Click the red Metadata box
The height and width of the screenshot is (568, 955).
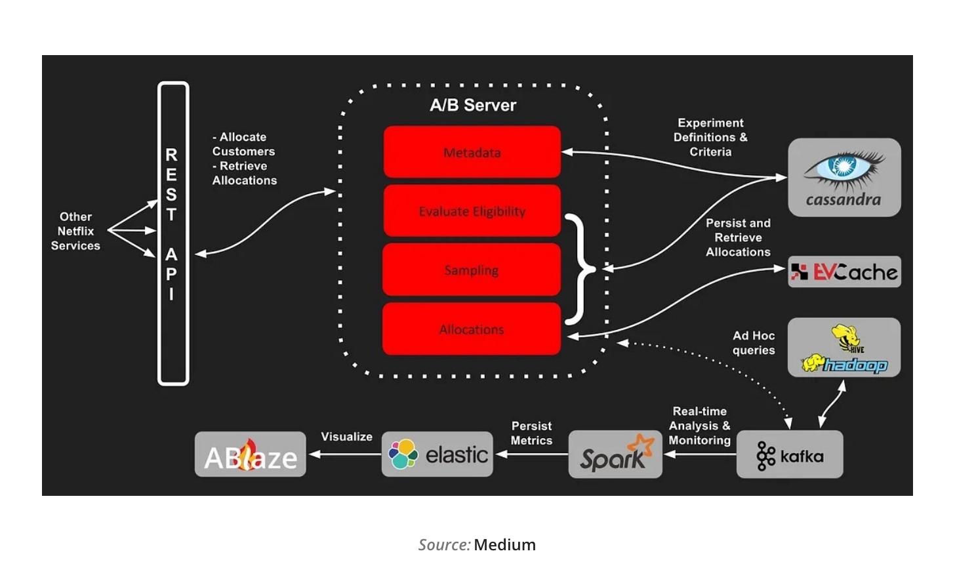(x=472, y=152)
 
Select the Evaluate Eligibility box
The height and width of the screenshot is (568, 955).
(x=472, y=211)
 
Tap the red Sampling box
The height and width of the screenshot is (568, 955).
(x=472, y=270)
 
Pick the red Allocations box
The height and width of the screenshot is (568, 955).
(x=472, y=329)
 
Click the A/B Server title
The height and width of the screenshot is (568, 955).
(x=473, y=105)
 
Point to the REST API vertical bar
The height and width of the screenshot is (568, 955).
(x=173, y=233)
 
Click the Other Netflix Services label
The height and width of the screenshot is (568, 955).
(x=75, y=231)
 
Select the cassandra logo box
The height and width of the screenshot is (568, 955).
(x=843, y=177)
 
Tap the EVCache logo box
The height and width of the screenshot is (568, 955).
(x=843, y=272)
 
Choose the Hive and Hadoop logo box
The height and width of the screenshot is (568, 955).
(x=843, y=348)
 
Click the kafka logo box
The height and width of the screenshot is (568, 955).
(x=790, y=455)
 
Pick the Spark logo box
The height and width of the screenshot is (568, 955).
(x=615, y=455)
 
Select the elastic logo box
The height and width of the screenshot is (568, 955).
(x=437, y=454)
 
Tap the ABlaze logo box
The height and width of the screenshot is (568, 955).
(x=251, y=455)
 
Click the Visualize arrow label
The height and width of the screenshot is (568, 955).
(x=346, y=437)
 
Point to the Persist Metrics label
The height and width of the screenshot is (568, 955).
(x=531, y=434)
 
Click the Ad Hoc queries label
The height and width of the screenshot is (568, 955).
(x=754, y=343)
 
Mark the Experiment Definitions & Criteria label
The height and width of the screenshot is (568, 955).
(x=710, y=137)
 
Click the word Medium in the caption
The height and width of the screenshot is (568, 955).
(x=504, y=545)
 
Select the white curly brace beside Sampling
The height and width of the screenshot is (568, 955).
(x=580, y=269)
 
